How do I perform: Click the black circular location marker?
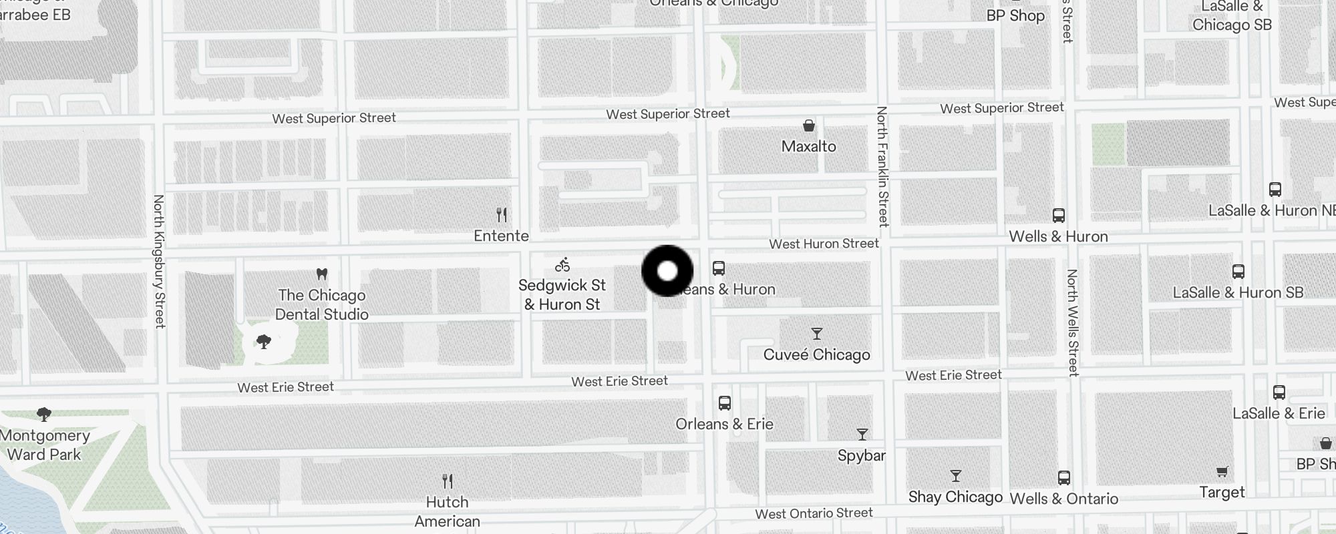(667, 271)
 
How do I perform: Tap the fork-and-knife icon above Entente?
(502, 215)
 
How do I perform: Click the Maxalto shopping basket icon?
(808, 125)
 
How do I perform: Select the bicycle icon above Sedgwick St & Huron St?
(562, 265)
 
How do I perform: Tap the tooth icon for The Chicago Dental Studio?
(321, 274)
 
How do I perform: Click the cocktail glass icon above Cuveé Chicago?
(816, 334)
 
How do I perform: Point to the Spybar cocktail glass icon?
(862, 435)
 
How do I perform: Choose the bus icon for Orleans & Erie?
(724, 403)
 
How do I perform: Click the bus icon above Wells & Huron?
(1058, 216)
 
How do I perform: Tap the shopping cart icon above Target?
(1222, 472)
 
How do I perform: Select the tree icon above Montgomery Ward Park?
(44, 415)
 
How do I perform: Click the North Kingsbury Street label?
(159, 261)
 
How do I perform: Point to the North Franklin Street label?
(882, 166)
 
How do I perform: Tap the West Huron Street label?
(824, 244)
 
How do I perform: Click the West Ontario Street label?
(814, 513)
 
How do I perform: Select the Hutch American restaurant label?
(447, 511)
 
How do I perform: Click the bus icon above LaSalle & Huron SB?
(1238, 272)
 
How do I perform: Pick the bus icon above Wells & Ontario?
(1063, 478)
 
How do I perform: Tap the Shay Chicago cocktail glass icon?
(955, 476)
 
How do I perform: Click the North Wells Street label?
(1073, 322)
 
